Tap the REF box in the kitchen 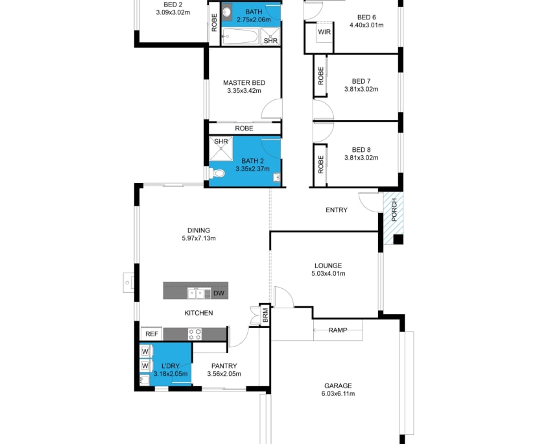[151, 334]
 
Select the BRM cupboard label [265, 315]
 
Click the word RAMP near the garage [338, 330]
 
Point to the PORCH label [393, 210]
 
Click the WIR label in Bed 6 [324, 31]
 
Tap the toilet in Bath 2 [217, 173]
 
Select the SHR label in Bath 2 [221, 141]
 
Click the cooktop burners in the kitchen [195, 334]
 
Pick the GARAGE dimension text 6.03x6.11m [339, 393]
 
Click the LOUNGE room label [328, 265]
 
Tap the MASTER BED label [244, 82]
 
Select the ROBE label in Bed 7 [320, 77]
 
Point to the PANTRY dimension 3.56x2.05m [223, 374]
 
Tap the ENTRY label [337, 210]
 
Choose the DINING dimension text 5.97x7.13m [198, 238]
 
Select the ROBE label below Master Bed [244, 129]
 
